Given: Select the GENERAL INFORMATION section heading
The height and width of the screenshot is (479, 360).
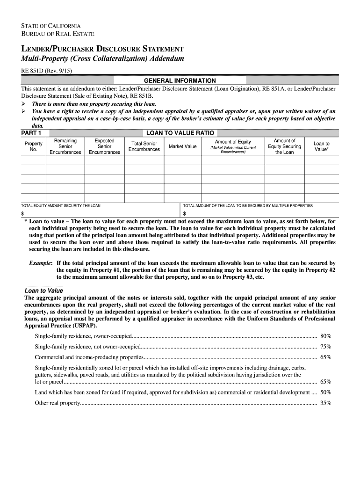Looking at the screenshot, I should tap(180, 80).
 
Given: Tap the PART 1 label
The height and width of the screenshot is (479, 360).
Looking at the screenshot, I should tap(31, 133).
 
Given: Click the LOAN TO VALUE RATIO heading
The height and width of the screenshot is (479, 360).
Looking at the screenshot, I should tap(180, 133).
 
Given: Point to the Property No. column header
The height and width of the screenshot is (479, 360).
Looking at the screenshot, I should tap(33, 146).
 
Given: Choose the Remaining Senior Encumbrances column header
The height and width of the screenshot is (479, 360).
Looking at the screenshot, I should tap(65, 146).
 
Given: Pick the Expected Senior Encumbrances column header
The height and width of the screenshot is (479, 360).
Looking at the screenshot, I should tap(104, 146).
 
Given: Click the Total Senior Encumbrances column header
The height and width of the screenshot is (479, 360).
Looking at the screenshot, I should tap(144, 146).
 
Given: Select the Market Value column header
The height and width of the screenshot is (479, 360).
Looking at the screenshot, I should tap(182, 146).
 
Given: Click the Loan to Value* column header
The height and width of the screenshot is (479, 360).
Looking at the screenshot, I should tap(321, 146).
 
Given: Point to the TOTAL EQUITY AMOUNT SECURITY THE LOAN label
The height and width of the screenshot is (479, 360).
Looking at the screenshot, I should tap(61, 205).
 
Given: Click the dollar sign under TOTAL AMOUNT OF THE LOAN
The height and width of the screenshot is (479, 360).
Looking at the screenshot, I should tap(185, 213).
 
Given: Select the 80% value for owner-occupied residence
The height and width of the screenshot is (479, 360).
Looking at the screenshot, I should tap(325, 336).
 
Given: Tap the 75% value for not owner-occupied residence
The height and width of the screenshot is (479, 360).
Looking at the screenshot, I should tap(325, 347).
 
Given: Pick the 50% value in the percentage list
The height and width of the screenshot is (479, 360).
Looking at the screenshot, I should tap(325, 392).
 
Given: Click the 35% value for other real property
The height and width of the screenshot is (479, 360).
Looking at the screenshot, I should tap(325, 403).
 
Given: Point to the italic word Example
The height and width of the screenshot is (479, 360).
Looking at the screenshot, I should tap(40, 263).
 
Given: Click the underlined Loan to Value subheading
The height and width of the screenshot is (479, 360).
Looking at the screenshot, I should tap(43, 290).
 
